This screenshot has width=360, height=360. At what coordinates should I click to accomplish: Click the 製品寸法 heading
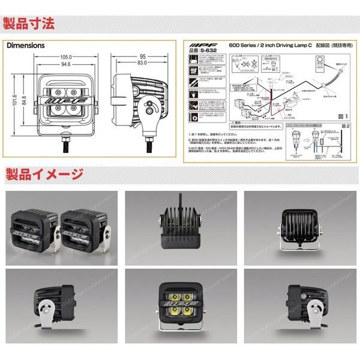click(29, 25)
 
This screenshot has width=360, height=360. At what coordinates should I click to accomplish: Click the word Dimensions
click(26, 45)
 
